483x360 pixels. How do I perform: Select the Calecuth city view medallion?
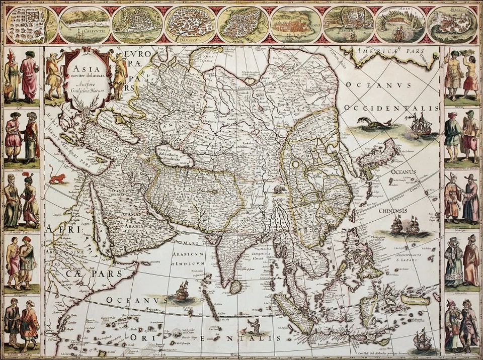click(x=85, y=24)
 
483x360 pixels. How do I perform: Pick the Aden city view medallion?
click(x=400, y=24)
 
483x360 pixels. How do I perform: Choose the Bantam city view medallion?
click(x=348, y=24)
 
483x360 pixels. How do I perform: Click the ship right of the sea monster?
click(x=419, y=124)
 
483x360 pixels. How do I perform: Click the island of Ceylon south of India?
click(x=235, y=287)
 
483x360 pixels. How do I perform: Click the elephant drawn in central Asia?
click(x=280, y=190)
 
